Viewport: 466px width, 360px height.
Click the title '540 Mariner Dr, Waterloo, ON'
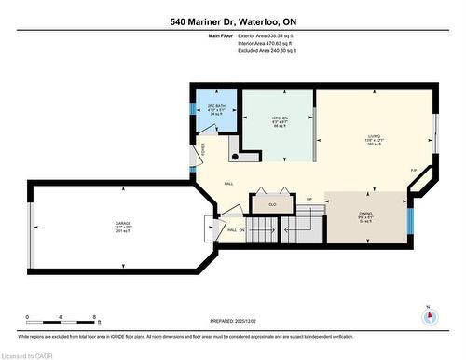pos(232,21)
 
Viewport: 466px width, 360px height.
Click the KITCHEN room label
pos(279,120)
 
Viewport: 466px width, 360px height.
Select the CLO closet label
pos(272,203)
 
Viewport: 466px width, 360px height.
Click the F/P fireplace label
pos(414,170)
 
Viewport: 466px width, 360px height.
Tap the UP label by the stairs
pos(308,199)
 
